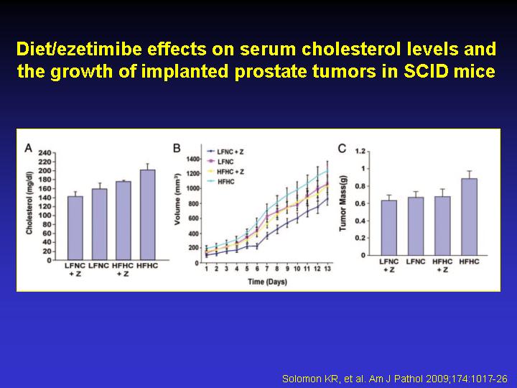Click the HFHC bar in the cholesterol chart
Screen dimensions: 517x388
(147, 215)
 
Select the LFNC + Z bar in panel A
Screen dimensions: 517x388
(75, 228)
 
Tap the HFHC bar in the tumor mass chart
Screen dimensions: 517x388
(469, 217)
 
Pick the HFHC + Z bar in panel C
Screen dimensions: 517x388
(442, 226)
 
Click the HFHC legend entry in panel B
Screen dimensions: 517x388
(221, 182)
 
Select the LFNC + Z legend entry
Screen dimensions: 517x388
(225, 152)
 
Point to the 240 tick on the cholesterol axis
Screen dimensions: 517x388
(45, 153)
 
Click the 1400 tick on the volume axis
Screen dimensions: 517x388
(193, 159)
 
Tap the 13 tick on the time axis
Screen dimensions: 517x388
(327, 269)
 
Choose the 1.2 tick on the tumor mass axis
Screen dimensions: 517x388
(360, 151)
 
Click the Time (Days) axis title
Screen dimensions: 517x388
(267, 282)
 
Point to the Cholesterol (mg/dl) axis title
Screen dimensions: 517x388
(29, 203)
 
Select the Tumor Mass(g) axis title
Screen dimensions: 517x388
(343, 203)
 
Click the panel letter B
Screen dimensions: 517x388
(177, 149)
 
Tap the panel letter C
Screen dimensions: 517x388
(342, 149)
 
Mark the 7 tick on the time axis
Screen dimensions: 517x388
(266, 269)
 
